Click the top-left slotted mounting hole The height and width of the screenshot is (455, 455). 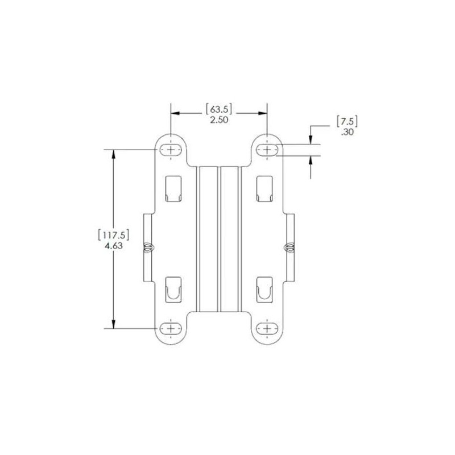(x=171, y=149)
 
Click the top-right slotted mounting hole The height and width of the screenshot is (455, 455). (x=267, y=149)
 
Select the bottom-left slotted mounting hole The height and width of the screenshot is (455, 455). (x=171, y=328)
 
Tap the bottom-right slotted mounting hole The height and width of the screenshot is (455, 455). (x=267, y=328)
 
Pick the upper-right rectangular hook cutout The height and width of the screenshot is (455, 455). (x=265, y=188)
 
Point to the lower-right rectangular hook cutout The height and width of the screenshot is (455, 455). (x=265, y=289)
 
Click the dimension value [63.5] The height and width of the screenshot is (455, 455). (x=219, y=109)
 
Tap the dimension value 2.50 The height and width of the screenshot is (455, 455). (x=219, y=121)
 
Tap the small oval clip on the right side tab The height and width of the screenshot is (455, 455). (x=289, y=247)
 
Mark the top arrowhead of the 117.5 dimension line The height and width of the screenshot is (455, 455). (x=114, y=154)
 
